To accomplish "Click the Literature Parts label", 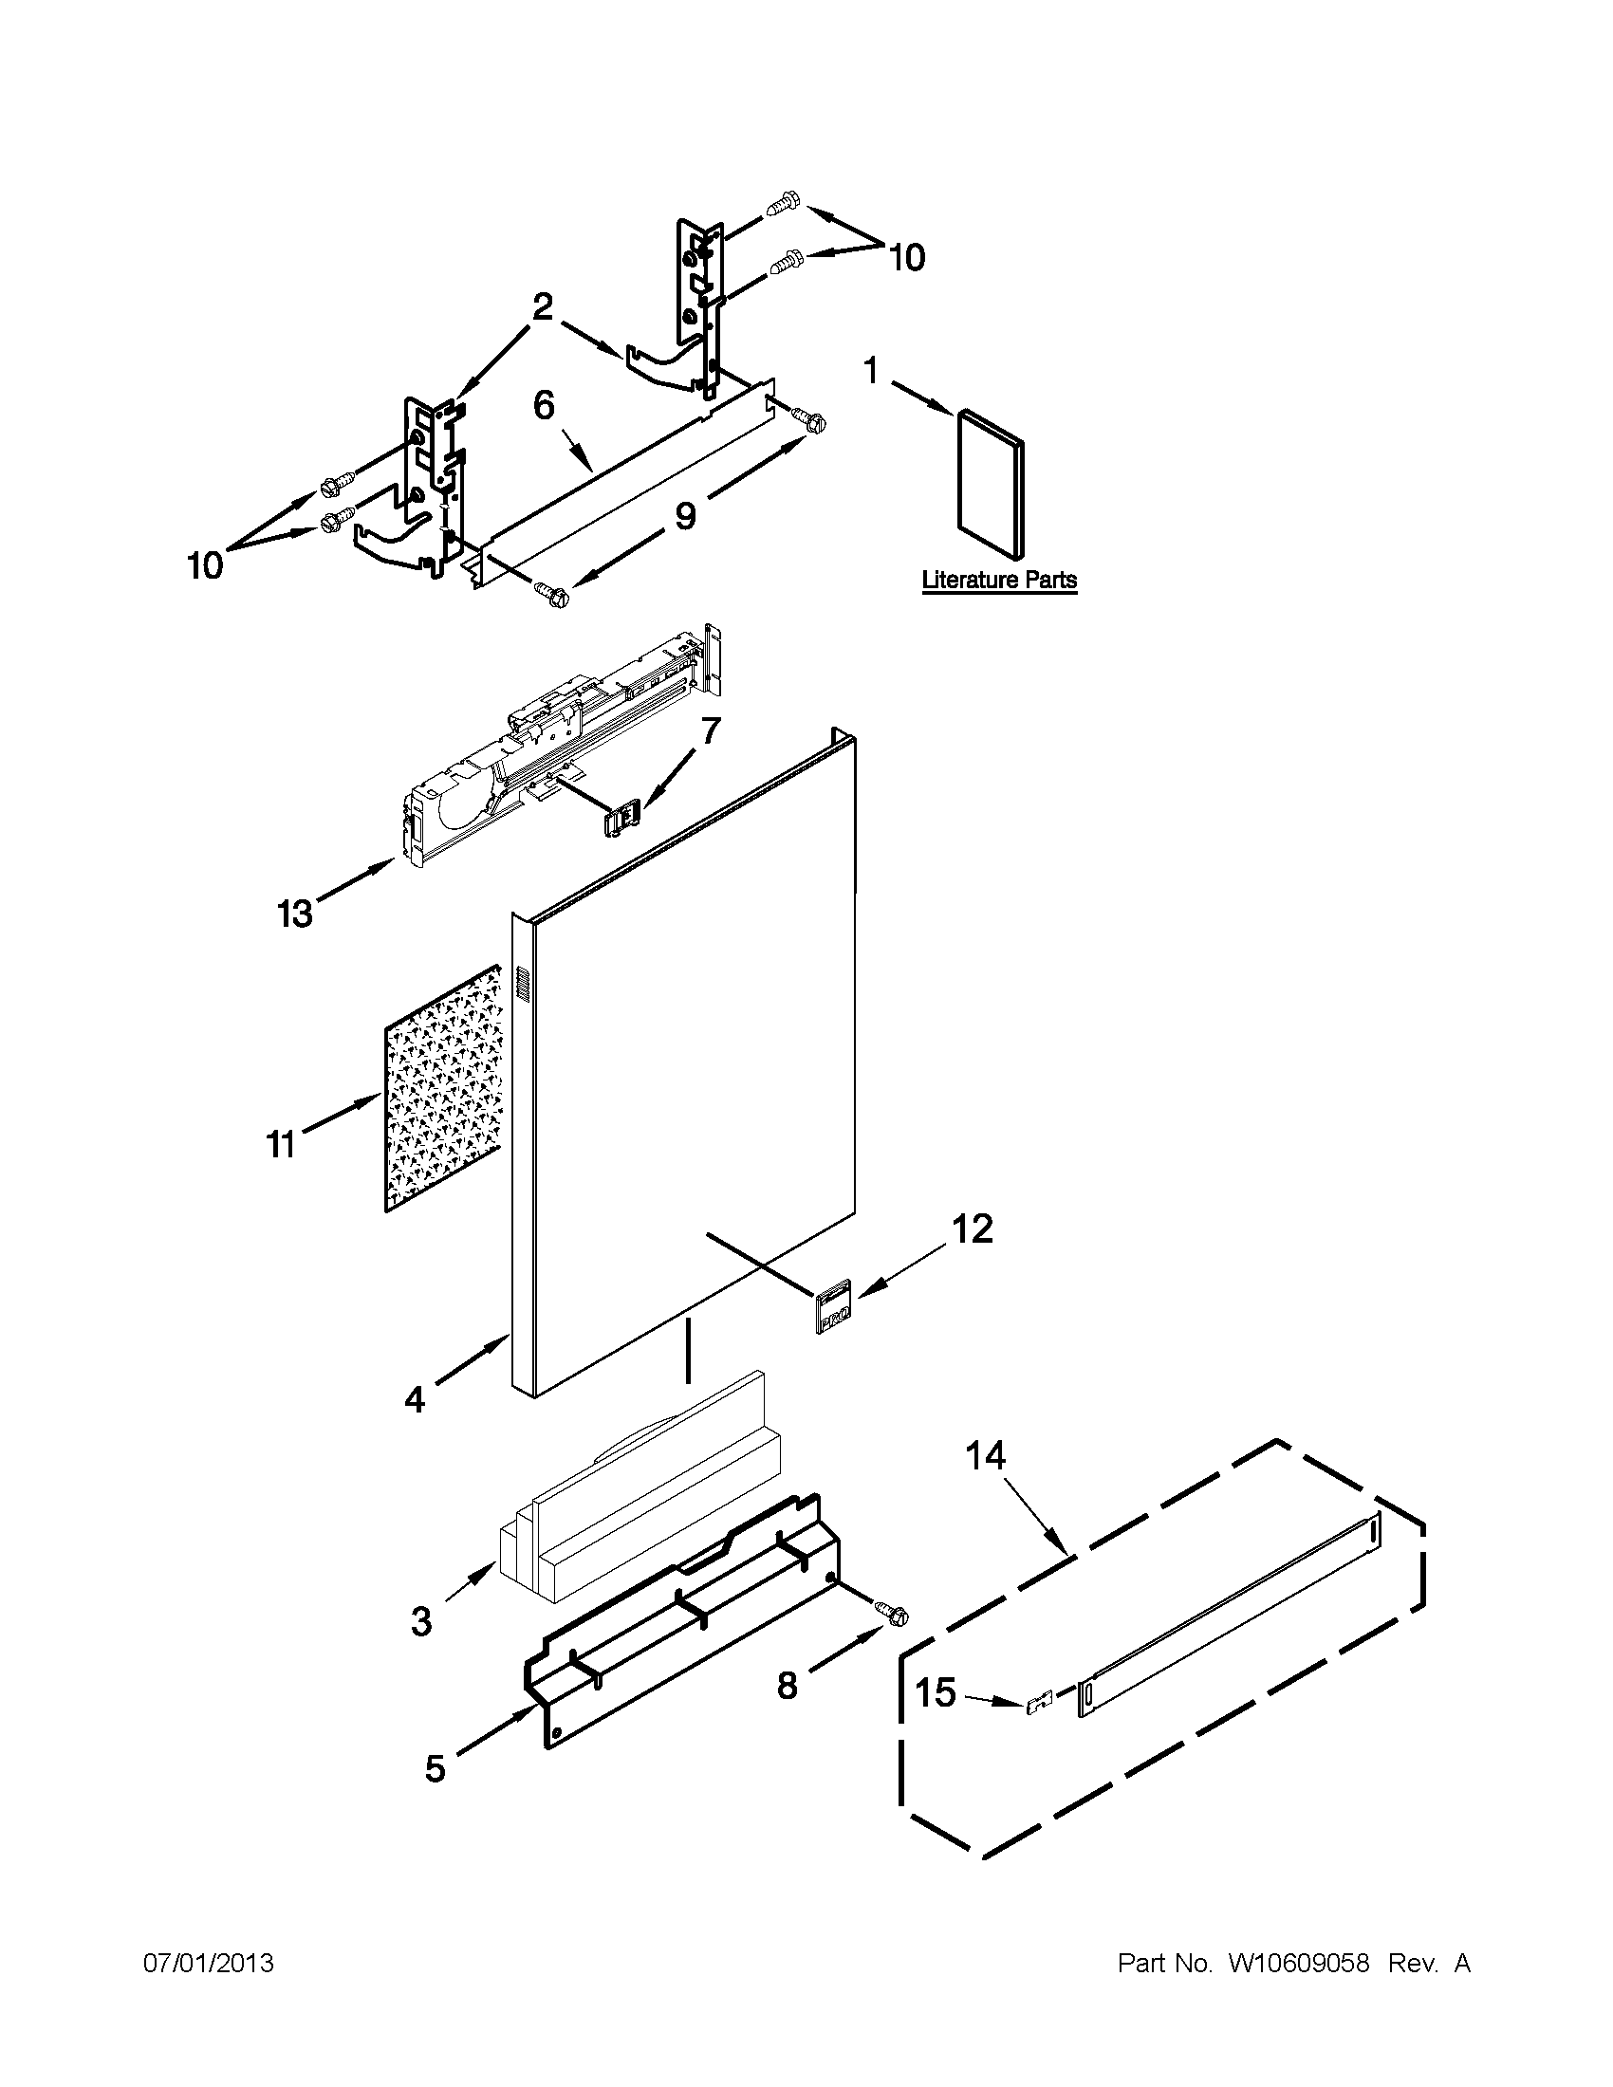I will pyautogui.click(x=998, y=580).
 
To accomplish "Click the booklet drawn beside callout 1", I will pyautogui.click(x=992, y=482).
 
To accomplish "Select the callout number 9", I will pyautogui.click(x=685, y=515).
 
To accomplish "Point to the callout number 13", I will pyautogui.click(x=295, y=914).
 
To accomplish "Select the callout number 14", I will pyautogui.click(x=985, y=1456).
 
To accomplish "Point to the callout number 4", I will pyautogui.click(x=414, y=1399).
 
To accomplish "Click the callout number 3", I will pyautogui.click(x=420, y=1621).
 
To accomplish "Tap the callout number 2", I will pyautogui.click(x=542, y=307).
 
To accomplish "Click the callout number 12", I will pyautogui.click(x=972, y=1228).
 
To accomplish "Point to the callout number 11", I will pyautogui.click(x=280, y=1144).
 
